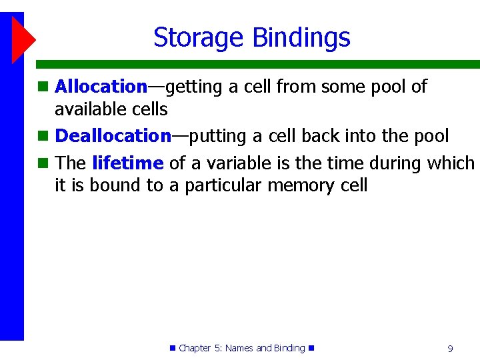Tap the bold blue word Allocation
pyautogui.click(x=101, y=86)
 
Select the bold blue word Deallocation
pyautogui.click(x=113, y=136)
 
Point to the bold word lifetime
pyautogui.click(x=127, y=163)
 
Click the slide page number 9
pyautogui.click(x=450, y=348)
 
